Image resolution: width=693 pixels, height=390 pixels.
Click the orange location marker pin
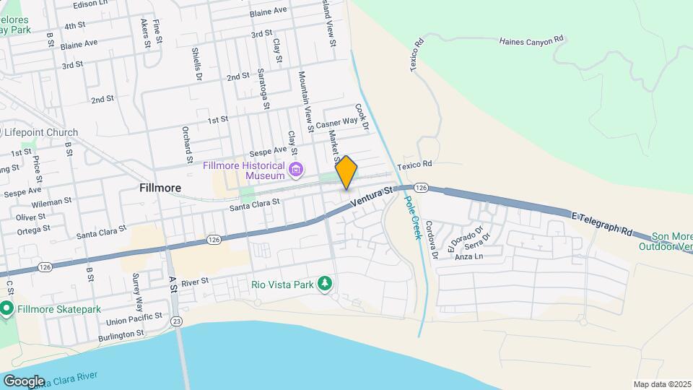coord(346,172)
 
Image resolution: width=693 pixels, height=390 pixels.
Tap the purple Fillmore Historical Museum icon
coord(295,170)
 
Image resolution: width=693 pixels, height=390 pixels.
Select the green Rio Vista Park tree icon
coord(326,284)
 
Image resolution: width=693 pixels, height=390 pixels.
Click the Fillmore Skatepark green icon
coord(7,309)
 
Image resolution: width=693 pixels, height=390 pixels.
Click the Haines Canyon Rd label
coord(531,41)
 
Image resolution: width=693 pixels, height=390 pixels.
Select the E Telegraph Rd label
coord(601,224)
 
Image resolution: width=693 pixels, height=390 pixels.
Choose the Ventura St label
coord(371,197)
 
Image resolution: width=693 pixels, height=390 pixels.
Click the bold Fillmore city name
coord(160,188)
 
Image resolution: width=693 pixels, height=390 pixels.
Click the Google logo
coord(23,381)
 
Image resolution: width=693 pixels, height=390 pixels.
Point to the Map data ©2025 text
coord(662,384)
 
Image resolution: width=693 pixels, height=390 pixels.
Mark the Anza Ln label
coord(469,256)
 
